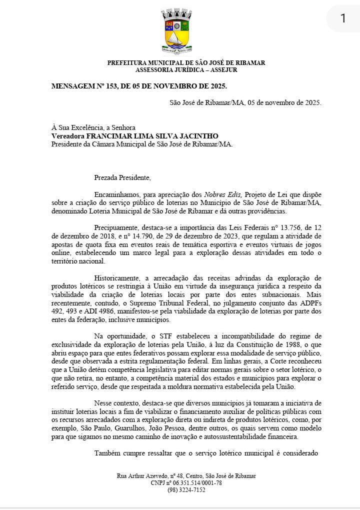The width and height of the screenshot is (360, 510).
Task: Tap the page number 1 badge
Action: click(x=343, y=18)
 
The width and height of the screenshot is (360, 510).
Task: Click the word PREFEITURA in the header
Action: click(x=126, y=63)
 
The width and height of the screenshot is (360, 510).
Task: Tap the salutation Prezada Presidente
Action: click(x=122, y=177)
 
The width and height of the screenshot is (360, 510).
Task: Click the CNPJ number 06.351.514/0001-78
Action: click(x=196, y=483)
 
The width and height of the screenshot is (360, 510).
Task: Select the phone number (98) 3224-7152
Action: click(x=186, y=490)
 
